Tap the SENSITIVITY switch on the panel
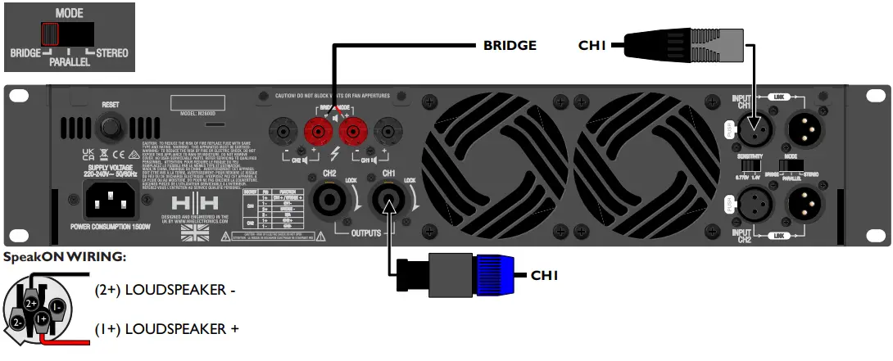751,166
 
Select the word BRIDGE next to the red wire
509,45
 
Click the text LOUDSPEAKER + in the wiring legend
168,329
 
